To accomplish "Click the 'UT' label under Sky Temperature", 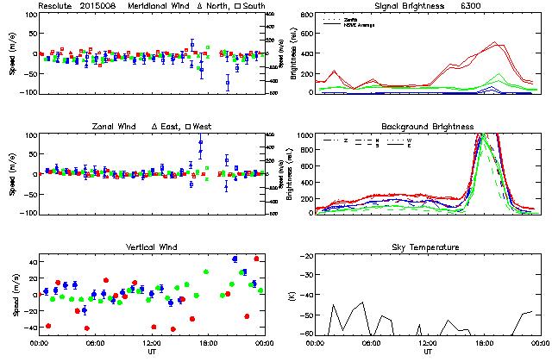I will [428, 351].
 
